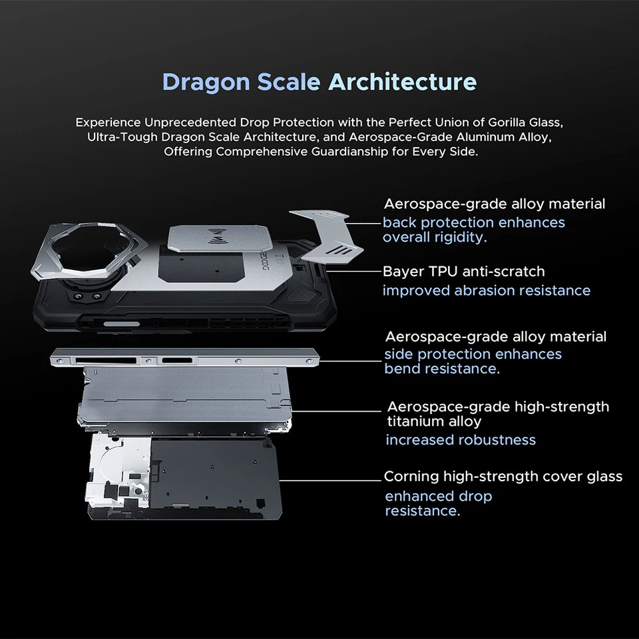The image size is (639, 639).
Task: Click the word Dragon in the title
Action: coord(206,83)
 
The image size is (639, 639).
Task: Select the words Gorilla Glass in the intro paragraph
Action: coord(525,122)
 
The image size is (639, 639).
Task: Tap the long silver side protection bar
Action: coord(184,358)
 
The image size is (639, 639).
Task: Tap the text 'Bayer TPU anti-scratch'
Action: coord(464,272)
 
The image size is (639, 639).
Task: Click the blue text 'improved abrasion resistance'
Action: coord(486,291)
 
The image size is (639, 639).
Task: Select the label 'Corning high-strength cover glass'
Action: coord(503,477)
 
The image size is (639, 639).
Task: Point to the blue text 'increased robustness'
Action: coord(461,440)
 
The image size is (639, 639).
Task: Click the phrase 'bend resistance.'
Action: coord(442,369)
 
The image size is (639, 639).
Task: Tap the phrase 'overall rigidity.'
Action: coord(435,237)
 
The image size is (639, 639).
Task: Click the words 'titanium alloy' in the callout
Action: coord(435,421)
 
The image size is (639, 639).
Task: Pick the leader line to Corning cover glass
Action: coord(330,481)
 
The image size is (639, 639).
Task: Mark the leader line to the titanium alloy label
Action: coord(337,411)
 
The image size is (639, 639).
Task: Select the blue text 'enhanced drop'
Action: coord(439,497)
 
